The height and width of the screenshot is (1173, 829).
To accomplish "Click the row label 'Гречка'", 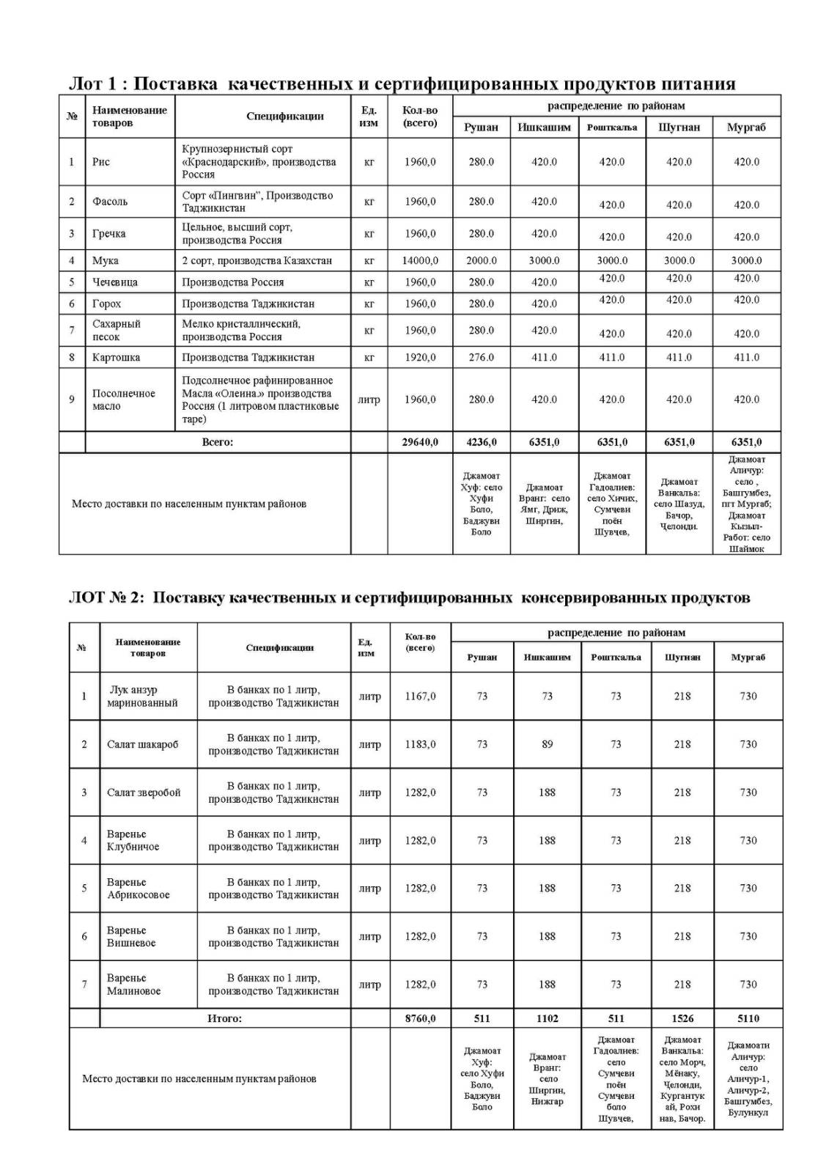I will [108, 234].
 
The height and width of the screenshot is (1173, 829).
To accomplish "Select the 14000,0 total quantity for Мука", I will [420, 261].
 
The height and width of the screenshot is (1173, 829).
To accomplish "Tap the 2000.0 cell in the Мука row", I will [481, 261].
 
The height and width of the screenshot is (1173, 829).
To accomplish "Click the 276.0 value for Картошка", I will [481, 358].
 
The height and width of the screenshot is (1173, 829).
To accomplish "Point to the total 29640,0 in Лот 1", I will [420, 442].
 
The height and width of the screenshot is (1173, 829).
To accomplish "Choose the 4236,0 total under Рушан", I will [481, 442].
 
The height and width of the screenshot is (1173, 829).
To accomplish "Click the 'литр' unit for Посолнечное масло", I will [369, 400].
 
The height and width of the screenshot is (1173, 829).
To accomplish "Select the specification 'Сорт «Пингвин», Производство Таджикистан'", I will [257, 202].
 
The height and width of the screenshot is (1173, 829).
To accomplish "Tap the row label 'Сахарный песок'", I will [116, 331].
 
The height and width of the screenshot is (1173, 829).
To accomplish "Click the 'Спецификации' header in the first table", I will [284, 117].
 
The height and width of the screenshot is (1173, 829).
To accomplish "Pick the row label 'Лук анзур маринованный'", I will [142, 696].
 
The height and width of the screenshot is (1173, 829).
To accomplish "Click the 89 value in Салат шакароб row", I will [547, 744].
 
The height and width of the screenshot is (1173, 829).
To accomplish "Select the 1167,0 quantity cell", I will [420, 696].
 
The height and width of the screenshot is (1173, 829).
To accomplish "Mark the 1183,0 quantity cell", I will [420, 744].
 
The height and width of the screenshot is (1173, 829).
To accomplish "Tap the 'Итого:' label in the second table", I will [224, 1018].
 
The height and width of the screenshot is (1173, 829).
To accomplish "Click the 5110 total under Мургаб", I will [748, 1018].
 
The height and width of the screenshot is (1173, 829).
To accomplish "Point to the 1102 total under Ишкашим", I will [547, 1018].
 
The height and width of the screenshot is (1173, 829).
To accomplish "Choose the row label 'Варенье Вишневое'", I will [131, 937].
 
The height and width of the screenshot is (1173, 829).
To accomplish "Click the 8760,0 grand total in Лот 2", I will [420, 1018].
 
